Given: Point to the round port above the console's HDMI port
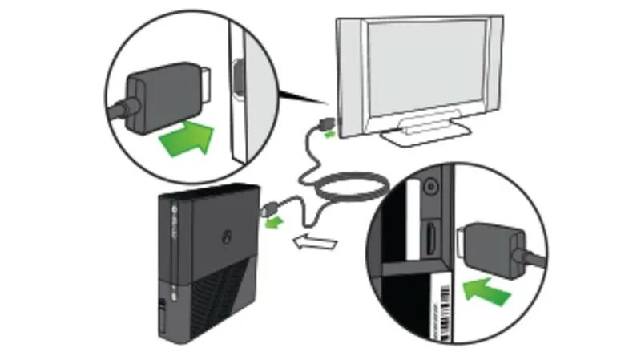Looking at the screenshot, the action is pos(432,183).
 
